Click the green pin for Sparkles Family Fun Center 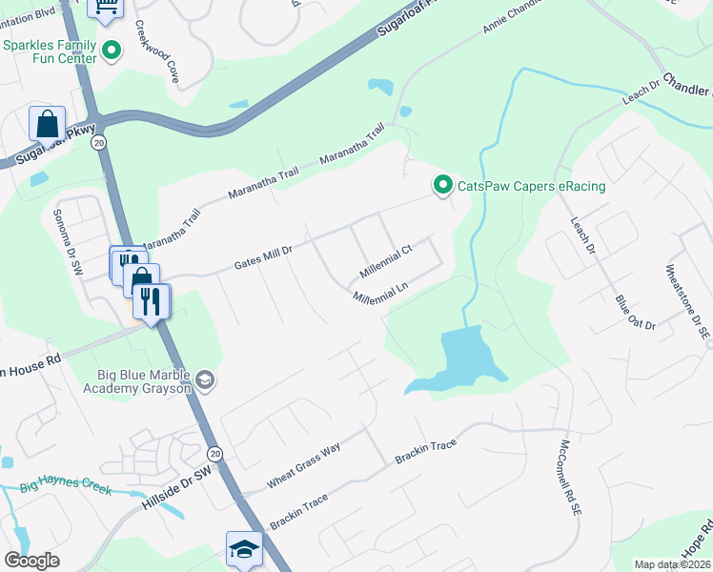tap(112, 51)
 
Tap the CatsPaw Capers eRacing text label tap(532, 186)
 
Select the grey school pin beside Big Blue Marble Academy tap(204, 381)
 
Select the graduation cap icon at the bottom tap(244, 549)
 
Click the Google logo tap(32, 561)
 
